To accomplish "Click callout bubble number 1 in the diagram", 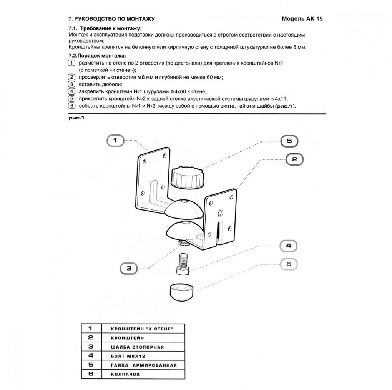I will point(115,141).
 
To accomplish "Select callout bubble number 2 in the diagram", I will point(294,159).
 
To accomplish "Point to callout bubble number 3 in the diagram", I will point(129,268).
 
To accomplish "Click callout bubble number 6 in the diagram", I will point(290,264).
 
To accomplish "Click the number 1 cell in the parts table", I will point(91,329).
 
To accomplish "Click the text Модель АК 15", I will point(302,19).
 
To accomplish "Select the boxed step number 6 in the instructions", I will point(70,106).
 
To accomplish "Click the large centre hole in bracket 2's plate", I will point(221,213).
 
